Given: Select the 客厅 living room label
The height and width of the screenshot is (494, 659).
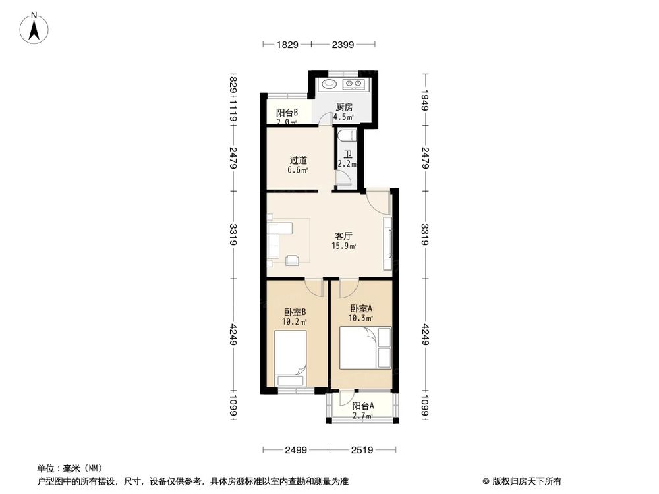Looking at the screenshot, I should [x=343, y=236].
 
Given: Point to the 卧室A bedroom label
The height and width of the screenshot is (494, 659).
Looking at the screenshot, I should [x=361, y=308].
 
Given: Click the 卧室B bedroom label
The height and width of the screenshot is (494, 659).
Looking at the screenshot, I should [x=294, y=312].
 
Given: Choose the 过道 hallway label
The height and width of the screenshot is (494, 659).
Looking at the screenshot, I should [x=298, y=160].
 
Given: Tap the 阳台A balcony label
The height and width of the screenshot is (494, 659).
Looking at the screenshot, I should [x=362, y=406].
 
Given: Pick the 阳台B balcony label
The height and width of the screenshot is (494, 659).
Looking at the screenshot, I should [x=287, y=112].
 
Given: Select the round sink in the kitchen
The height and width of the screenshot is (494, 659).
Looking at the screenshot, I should [x=328, y=84].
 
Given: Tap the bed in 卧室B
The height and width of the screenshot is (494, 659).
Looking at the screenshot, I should [x=290, y=358].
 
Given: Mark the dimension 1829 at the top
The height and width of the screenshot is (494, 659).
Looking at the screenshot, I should [x=287, y=45].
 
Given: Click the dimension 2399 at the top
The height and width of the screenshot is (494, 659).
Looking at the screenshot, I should [x=343, y=45].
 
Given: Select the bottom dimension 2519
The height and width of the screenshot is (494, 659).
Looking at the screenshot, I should [x=362, y=451].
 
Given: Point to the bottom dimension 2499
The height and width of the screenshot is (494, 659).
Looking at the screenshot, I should [x=296, y=451].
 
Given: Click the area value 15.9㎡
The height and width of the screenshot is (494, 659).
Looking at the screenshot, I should [x=344, y=247].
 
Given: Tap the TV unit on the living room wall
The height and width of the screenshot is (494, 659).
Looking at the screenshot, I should [x=389, y=243].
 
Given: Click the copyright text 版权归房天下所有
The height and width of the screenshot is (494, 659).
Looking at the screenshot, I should [x=525, y=481].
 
